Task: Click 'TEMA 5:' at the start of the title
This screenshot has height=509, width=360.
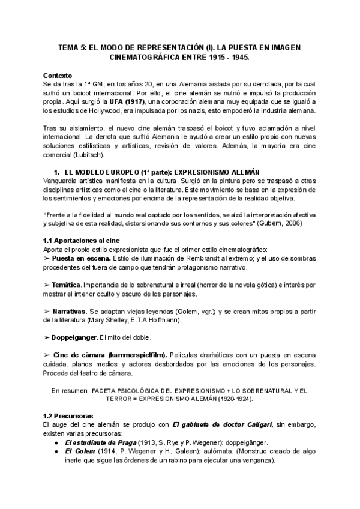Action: click(x=72, y=47)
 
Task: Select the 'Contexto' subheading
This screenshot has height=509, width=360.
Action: click(x=58, y=76)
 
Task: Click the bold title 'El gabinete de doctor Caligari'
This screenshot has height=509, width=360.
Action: click(x=221, y=425)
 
